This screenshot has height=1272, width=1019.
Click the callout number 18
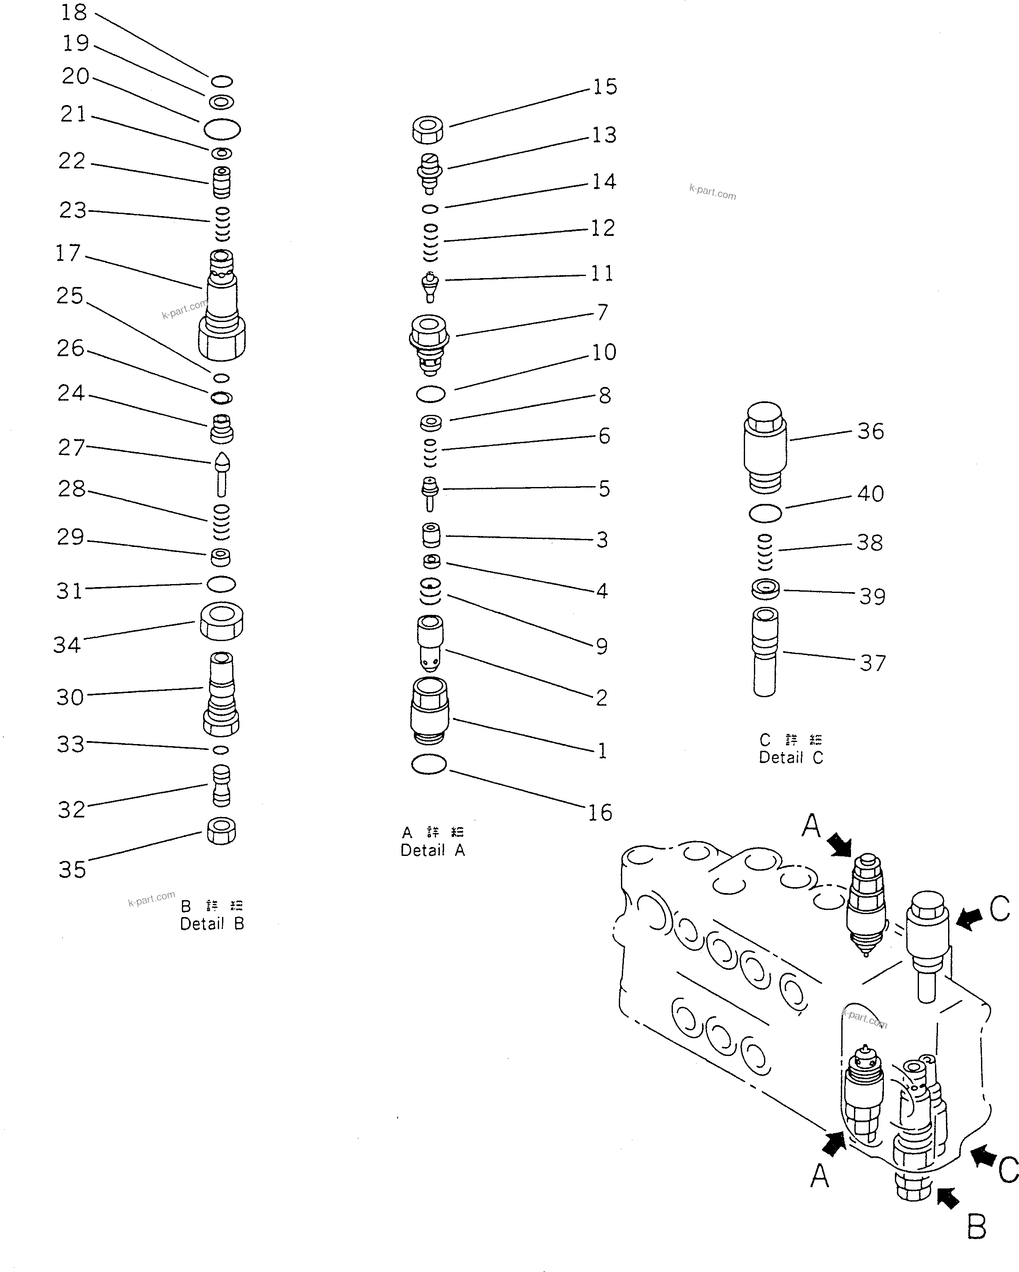pyautogui.click(x=74, y=12)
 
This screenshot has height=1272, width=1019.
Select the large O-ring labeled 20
pyautogui.click(x=222, y=129)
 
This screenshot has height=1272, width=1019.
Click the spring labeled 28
pyautogui.click(x=221, y=522)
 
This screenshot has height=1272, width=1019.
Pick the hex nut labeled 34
pyautogui.click(x=221, y=621)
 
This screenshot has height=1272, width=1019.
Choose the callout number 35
pyautogui.click(x=72, y=869)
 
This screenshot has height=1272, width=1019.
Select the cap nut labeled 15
pyautogui.click(x=428, y=130)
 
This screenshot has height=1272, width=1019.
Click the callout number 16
pyautogui.click(x=600, y=812)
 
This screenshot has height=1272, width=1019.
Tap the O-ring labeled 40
pyautogui.click(x=765, y=513)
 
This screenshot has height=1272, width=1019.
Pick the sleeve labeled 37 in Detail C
pyautogui.click(x=765, y=652)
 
